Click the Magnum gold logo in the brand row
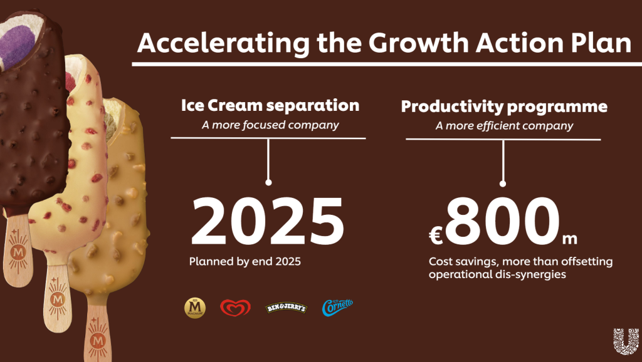pyautogui.click(x=195, y=308)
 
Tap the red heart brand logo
pyautogui.click(x=235, y=308)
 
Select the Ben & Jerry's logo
pyautogui.click(x=286, y=308)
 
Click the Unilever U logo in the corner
pyautogui.click(x=626, y=341)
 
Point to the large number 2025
pyautogui.click(x=268, y=221)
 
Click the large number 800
pyautogui.click(x=502, y=221)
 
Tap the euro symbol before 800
pyautogui.click(x=436, y=236)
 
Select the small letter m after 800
pyautogui.click(x=569, y=239)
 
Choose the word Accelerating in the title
pyautogui.click(x=223, y=43)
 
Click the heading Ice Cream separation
pyautogui.click(x=270, y=105)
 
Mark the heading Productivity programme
pyautogui.click(x=504, y=106)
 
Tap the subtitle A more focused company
pyautogui.click(x=270, y=125)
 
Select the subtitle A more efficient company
pyautogui.click(x=504, y=126)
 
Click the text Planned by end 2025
pyautogui.click(x=245, y=261)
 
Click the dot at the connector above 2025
pyautogui.click(x=268, y=182)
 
